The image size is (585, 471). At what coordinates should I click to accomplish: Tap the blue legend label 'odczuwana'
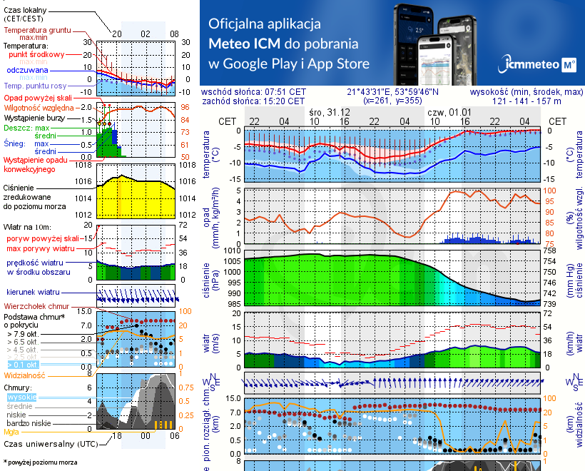coord(27,71)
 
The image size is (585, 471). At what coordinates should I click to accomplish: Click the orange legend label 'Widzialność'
coord(25,374)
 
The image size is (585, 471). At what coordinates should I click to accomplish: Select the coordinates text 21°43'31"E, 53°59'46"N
coord(392,92)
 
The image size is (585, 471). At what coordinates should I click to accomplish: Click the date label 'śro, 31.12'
coord(330,113)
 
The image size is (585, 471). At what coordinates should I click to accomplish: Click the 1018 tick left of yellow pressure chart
coord(85,165)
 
